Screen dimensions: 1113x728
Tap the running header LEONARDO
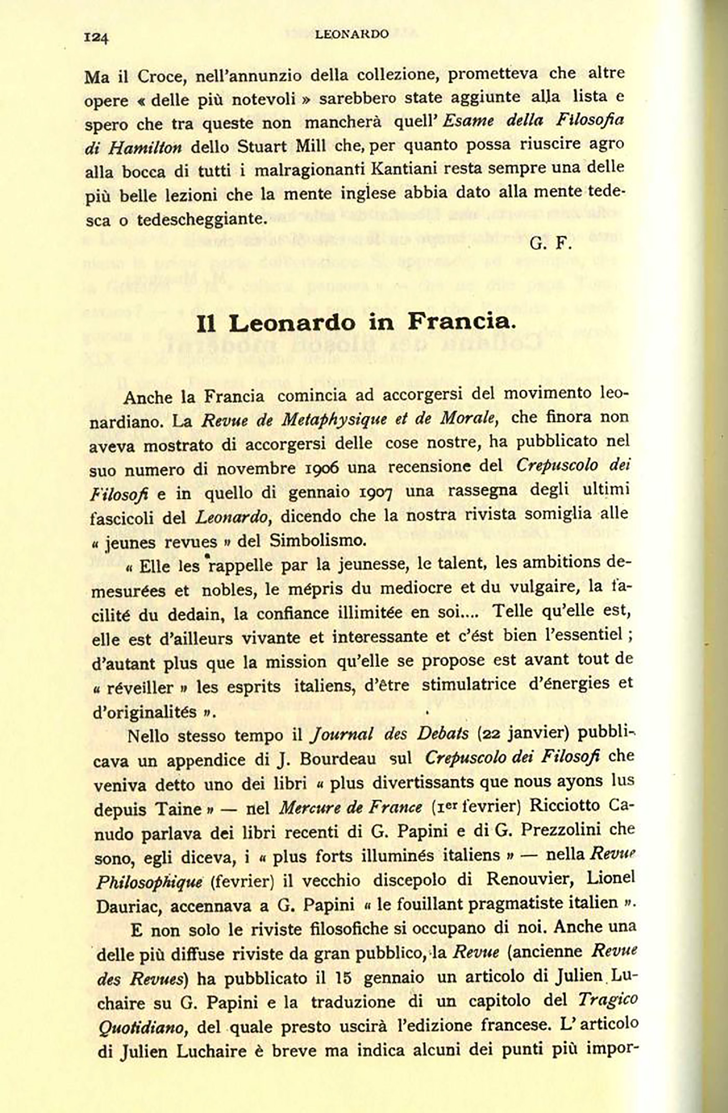pos(352,34)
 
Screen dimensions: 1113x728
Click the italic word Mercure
pos(309,808)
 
